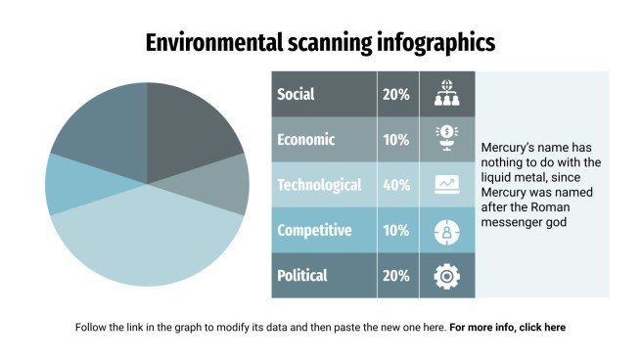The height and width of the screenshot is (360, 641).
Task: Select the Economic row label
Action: point(305,140)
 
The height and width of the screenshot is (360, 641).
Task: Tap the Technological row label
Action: point(319,185)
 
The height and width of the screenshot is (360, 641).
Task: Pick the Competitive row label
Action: point(314,231)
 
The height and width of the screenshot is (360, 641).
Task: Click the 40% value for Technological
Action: point(396,185)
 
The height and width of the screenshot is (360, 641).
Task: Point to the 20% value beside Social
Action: point(396,95)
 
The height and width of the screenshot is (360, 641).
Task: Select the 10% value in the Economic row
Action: point(396,140)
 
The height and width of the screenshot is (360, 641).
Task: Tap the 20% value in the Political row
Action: point(396,276)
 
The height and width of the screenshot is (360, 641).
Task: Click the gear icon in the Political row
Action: point(446,276)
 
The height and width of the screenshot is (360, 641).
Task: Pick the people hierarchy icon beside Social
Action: point(446,94)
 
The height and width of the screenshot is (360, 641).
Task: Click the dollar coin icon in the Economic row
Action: point(446,138)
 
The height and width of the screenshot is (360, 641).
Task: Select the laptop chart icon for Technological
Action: point(446,184)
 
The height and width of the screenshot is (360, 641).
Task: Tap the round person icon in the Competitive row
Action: point(446,232)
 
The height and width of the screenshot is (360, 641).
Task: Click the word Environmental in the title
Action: point(206,42)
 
